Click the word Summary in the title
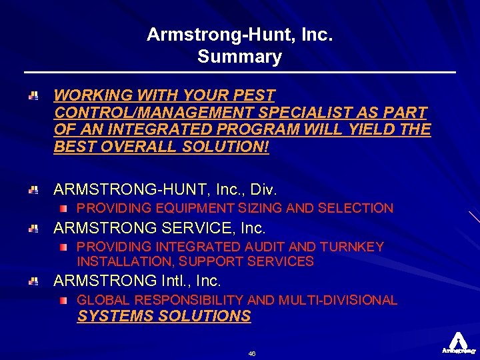239,57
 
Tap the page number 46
251,353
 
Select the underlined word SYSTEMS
114,316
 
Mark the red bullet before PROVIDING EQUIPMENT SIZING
63,209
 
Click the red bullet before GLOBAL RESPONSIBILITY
63,301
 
